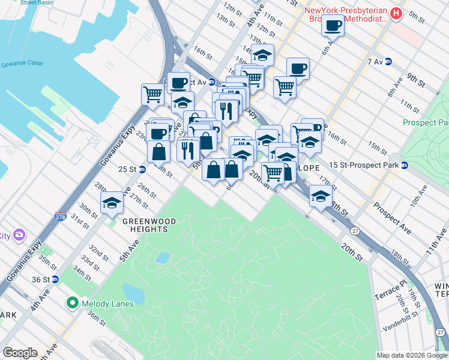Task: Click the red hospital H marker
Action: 396,13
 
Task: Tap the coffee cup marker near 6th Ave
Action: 333,27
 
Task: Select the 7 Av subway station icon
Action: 388,62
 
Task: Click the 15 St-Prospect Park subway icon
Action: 405,165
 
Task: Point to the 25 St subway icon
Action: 142,169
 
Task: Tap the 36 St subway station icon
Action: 55,279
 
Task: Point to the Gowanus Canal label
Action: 20,64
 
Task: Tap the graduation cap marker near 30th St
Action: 112,203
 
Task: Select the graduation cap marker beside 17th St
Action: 321,196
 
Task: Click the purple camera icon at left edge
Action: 19,234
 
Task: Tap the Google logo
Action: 20,353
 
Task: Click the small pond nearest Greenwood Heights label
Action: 161,258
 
